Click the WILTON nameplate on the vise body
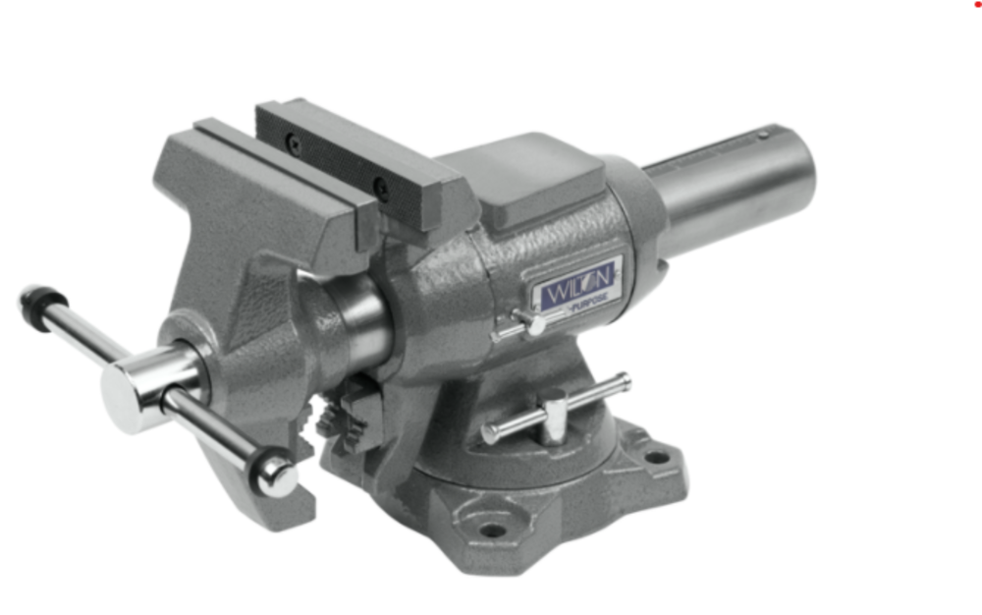(x=576, y=286)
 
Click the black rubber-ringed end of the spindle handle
(x=41, y=300)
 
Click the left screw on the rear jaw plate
(x=294, y=145)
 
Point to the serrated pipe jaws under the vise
(x=339, y=418)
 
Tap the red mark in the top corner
(x=976, y=4)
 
